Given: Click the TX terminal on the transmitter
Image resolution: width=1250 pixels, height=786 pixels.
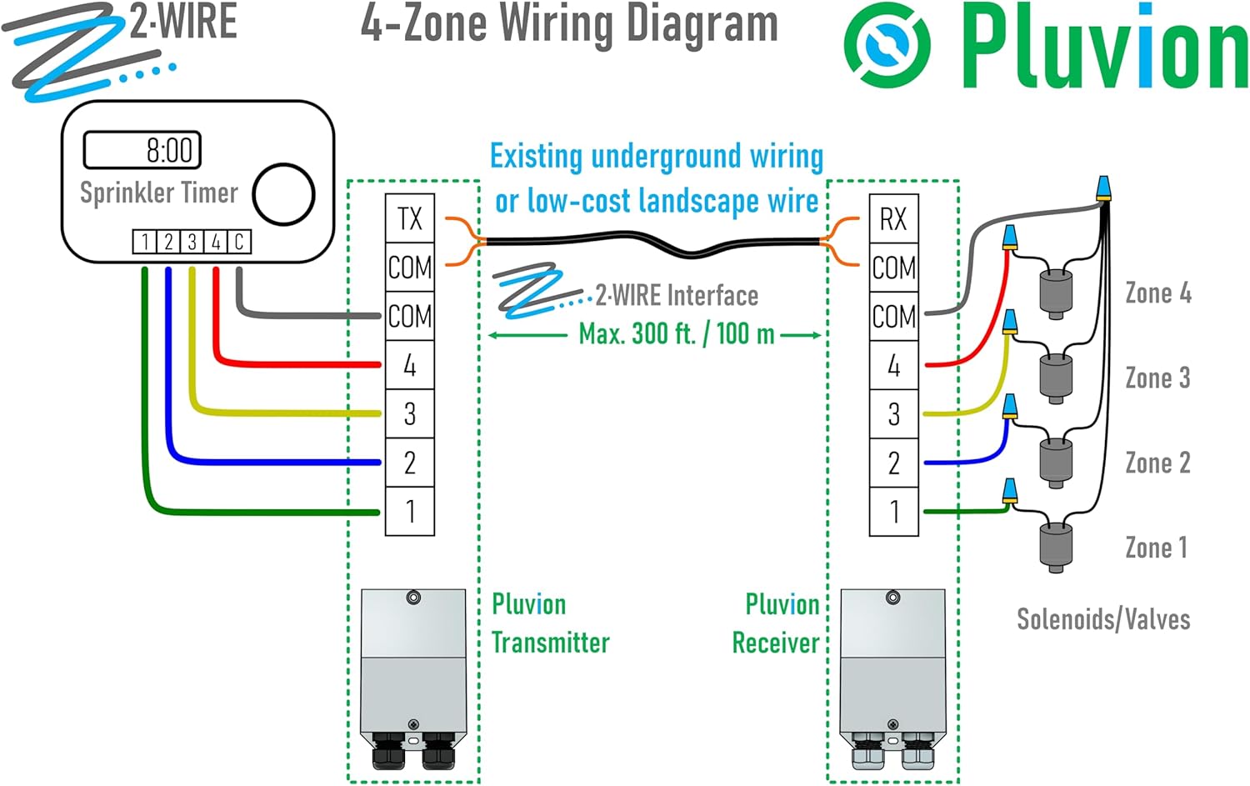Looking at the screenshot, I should tap(409, 218).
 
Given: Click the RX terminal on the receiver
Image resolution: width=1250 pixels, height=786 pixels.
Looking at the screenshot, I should tap(893, 218).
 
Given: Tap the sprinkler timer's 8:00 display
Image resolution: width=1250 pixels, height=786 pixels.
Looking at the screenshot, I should tap(142, 150).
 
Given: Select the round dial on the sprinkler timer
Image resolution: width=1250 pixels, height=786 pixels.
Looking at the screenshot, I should tap(283, 194).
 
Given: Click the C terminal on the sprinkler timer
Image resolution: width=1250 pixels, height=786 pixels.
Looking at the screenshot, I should tap(239, 242).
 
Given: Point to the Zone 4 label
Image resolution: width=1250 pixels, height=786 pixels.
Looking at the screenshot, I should tap(1157, 293).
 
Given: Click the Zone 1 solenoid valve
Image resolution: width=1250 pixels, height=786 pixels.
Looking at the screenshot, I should tap(1056, 546).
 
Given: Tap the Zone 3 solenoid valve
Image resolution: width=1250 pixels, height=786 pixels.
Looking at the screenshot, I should tap(1056, 377).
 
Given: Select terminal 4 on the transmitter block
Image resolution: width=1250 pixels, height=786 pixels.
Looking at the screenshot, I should tap(409, 365).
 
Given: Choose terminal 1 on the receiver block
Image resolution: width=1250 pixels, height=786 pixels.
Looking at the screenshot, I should tap(893, 511).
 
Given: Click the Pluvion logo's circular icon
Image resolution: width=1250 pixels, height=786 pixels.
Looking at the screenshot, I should tap(887, 45).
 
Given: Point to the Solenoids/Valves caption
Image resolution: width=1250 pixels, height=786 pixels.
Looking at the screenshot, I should tap(1102, 619).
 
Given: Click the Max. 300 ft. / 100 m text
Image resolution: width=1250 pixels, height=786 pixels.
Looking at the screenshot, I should tap(676, 334).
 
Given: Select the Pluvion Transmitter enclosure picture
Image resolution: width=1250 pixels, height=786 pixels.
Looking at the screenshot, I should tap(413, 678).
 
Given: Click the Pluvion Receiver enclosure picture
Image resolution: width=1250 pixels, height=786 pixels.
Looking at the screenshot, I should tap(892, 678).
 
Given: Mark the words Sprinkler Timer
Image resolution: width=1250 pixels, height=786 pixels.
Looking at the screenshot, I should tap(158, 193).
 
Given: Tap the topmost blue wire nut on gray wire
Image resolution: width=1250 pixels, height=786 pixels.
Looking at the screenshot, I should tap(1102, 188).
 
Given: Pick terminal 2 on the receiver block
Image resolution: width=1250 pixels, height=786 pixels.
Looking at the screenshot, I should tap(893, 463).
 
